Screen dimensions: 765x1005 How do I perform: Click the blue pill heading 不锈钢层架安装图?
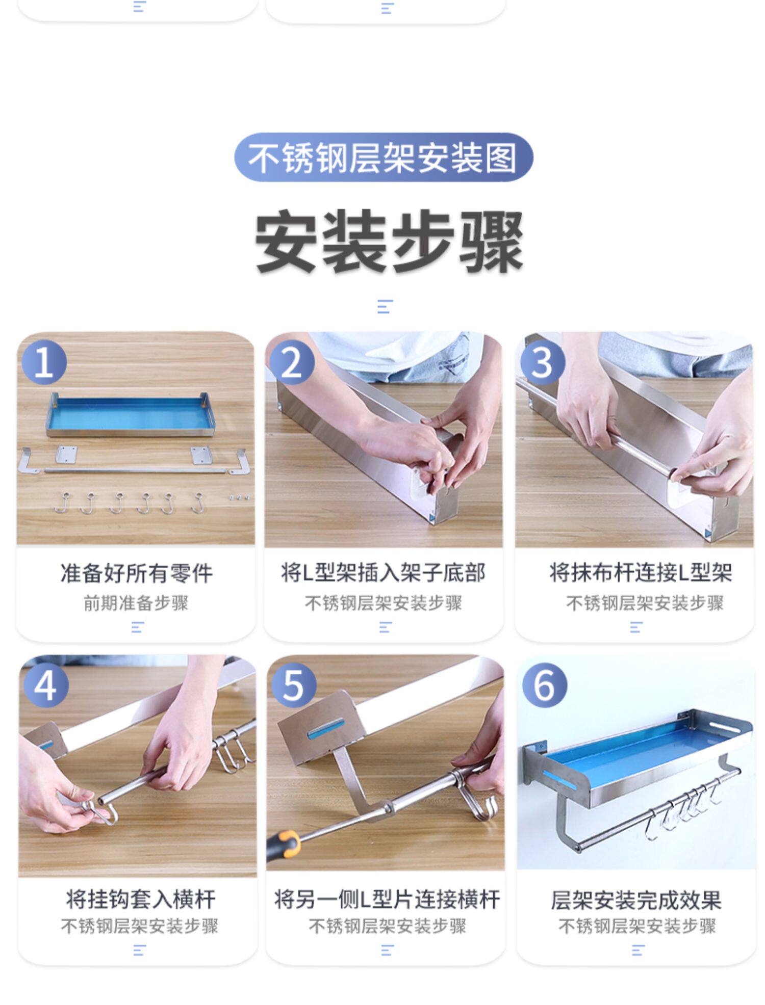[384, 157]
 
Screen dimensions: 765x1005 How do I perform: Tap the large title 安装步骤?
[389, 242]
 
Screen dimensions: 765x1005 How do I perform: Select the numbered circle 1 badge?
[44, 362]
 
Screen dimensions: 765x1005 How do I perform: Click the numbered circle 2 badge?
[292, 363]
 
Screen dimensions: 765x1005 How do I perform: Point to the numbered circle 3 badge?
[543, 363]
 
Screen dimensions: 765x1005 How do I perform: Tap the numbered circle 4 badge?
[46, 685]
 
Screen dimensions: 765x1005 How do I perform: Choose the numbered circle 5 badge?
[293, 685]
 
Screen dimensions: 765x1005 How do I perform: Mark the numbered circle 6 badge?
[545, 685]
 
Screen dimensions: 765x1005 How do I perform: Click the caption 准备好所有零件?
[136, 573]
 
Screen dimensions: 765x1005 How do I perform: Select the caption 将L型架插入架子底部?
[383, 573]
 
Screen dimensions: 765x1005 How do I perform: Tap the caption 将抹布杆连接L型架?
[641, 573]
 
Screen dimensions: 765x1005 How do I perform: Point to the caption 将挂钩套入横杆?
[140, 899]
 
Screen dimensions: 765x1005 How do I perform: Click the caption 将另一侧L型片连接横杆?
[387, 899]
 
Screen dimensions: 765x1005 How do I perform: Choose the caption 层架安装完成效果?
[636, 900]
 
